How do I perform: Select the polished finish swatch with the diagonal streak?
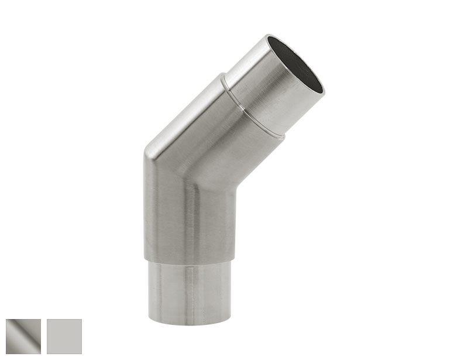tap(23, 336)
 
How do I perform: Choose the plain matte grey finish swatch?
tap(64, 336)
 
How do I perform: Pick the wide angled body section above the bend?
tap(211, 140)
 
